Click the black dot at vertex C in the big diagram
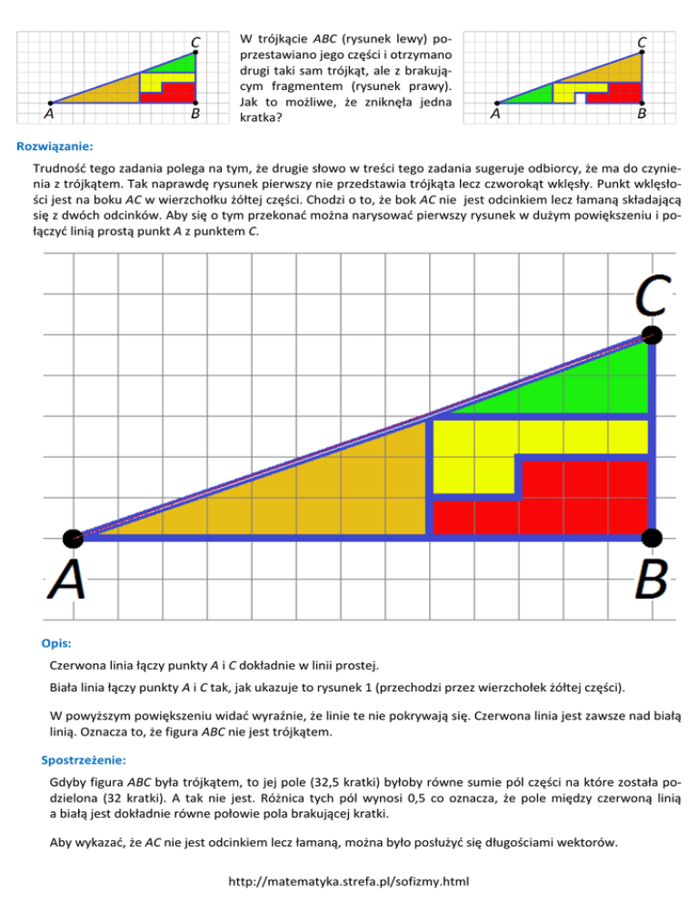[652, 334]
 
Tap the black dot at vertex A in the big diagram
[73, 538]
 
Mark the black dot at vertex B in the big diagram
[652, 537]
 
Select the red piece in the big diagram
[582, 500]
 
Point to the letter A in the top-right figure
[495, 115]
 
